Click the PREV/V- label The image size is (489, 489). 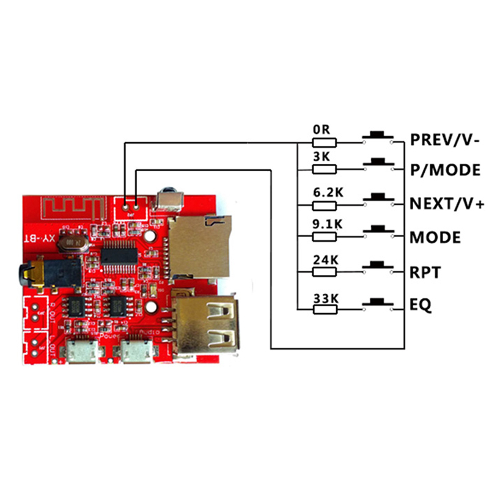coord(446,139)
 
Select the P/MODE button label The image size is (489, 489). coord(446,171)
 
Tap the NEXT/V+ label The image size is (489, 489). coord(447,204)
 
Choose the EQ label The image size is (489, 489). coord(421,304)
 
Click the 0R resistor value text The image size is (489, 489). coord(322,130)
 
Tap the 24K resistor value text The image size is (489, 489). coord(325,259)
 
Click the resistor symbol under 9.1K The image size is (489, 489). coord(325,235)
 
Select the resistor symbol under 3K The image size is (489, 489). coord(325,168)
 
